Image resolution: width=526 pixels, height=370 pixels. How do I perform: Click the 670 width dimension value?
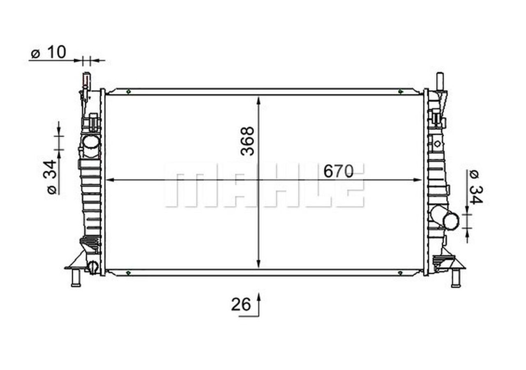pos(338,171)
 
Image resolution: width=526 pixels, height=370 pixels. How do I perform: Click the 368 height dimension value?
pos(247,141)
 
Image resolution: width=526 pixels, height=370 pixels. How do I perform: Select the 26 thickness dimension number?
pos(241,305)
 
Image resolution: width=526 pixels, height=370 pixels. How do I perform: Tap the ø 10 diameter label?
pos(48,53)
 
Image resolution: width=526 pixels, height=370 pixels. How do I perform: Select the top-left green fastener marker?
pos(128,92)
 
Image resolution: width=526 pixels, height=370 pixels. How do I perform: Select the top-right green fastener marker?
pos(401,92)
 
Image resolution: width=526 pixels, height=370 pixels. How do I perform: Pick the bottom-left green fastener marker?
pos(128,273)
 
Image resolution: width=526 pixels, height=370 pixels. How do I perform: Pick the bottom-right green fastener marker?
pos(401,273)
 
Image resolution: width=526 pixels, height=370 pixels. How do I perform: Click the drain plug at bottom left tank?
pos(93,267)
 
